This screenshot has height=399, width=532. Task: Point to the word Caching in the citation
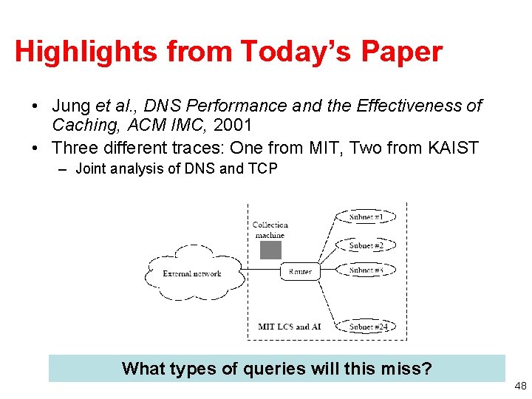pyautogui.click(x=81, y=126)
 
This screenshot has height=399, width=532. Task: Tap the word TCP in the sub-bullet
pyautogui.click(x=263, y=169)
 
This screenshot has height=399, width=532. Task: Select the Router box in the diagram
pyautogui.click(x=300, y=271)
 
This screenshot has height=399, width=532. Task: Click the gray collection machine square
pyautogui.click(x=270, y=250)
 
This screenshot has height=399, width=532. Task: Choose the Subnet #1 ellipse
pyautogui.click(x=366, y=216)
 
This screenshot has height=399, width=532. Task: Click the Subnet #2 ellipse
pyautogui.click(x=366, y=245)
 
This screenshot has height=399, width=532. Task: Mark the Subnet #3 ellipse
pyautogui.click(x=366, y=270)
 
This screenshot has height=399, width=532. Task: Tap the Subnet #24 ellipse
pyautogui.click(x=366, y=326)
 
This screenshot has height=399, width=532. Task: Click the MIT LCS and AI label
pyautogui.click(x=289, y=326)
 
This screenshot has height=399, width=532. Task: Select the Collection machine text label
pyautogui.click(x=270, y=229)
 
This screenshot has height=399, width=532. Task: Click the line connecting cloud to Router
pyautogui.click(x=260, y=271)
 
